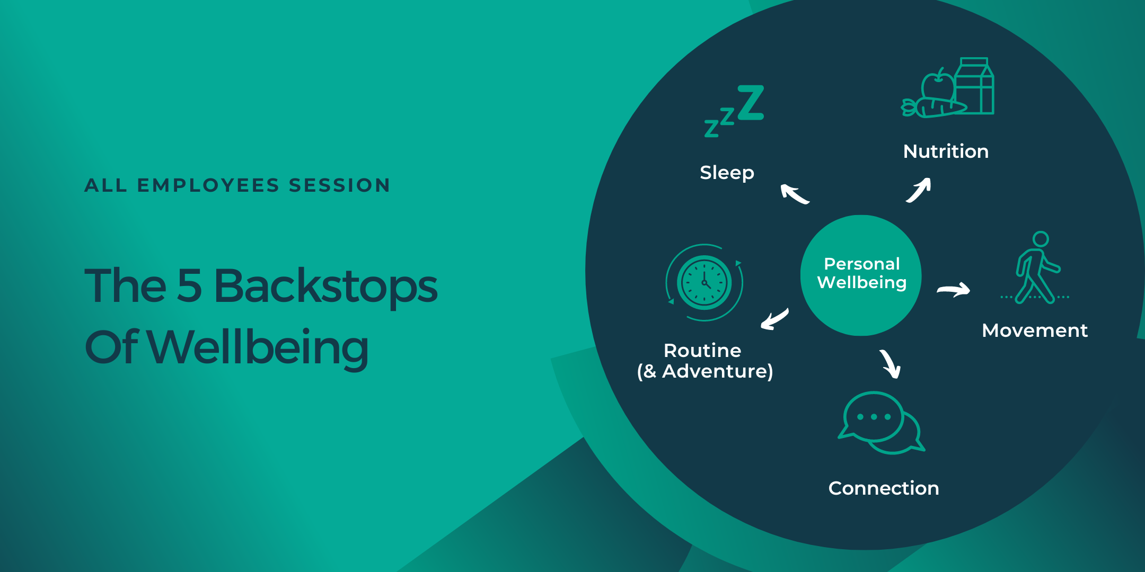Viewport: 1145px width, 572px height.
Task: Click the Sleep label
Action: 727,173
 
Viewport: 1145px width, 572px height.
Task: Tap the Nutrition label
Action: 946,151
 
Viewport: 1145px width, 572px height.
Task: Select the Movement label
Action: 1034,330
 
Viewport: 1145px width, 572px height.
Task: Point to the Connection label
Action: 884,488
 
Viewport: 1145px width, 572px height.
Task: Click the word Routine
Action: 702,351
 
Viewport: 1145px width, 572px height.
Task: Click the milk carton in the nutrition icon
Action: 975,87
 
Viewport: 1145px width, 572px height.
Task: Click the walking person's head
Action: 1041,239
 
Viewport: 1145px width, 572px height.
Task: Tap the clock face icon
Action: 704,282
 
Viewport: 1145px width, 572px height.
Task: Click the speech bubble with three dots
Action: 873,417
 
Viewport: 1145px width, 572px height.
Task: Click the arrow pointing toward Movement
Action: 954,290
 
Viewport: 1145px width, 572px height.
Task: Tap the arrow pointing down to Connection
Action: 891,364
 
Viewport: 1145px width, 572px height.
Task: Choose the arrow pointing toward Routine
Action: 774,319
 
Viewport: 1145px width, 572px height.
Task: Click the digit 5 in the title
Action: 189,286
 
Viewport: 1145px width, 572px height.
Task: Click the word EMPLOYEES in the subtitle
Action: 208,185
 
